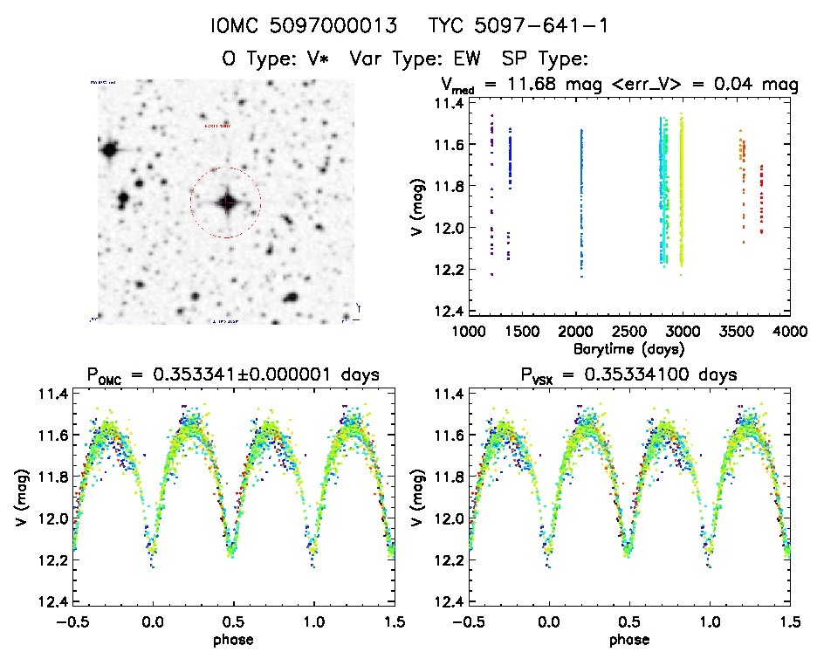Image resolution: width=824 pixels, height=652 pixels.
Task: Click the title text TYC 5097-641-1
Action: [518, 26]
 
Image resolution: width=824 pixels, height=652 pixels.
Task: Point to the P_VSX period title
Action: [628, 376]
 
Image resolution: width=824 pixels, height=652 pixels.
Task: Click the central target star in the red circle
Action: [227, 202]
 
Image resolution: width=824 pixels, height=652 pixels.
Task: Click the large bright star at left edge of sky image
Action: [109, 150]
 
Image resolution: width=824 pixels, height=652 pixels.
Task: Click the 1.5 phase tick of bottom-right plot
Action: [789, 621]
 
